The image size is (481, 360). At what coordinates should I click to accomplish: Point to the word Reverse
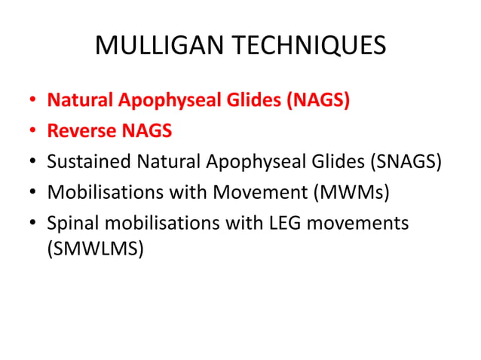click(81, 131)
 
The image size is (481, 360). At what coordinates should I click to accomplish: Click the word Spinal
click(72, 224)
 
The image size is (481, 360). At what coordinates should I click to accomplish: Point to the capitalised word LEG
click(270, 224)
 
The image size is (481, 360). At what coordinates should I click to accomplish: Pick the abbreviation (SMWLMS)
click(95, 249)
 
